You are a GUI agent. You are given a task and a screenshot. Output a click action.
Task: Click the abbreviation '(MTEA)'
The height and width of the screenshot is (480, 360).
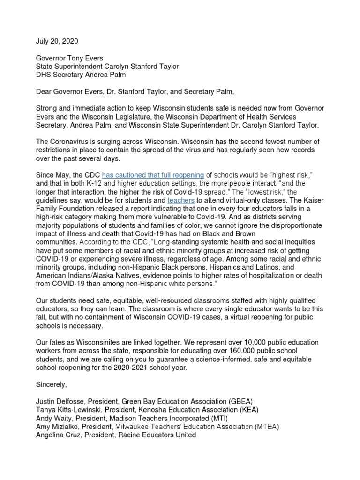pos(267,427)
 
